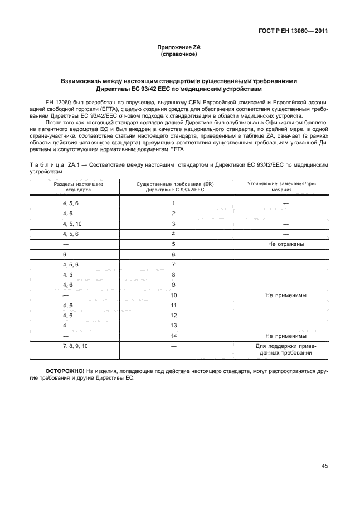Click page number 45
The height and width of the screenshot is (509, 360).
(x=324, y=466)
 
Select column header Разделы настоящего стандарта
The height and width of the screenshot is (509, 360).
(x=71, y=186)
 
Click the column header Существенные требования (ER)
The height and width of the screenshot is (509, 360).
(x=174, y=186)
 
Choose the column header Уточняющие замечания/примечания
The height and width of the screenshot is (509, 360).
(x=284, y=186)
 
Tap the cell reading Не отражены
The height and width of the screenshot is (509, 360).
(x=284, y=244)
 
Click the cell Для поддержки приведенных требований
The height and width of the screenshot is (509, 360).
(x=284, y=350)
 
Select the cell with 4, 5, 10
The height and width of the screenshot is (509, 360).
(x=72, y=224)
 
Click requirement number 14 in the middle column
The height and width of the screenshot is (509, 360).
(x=174, y=336)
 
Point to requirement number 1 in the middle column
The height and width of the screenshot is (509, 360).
(x=174, y=203)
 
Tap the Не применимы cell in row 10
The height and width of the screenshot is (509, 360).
(x=284, y=295)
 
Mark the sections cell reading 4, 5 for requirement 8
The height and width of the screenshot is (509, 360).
(x=68, y=274)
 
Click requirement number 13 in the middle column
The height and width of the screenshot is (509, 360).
(x=174, y=326)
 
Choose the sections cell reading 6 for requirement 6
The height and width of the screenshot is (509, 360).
(x=65, y=254)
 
